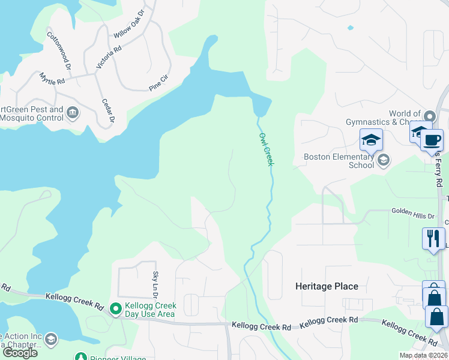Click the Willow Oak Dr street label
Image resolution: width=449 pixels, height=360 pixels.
pos(129,23)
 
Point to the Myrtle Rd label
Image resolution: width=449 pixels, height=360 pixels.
pos(52,79)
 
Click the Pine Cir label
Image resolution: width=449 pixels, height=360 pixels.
pos(160,83)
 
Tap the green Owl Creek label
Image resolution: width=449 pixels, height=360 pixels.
pos(266,149)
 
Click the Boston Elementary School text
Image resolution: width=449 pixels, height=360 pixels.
pos(339,161)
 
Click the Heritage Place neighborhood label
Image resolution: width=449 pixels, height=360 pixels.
pos(327,286)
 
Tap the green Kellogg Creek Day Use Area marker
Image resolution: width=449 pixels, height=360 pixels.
pos(116,309)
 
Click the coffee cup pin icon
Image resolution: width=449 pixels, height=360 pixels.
pos(432,141)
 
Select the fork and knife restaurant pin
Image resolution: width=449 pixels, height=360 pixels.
pos(432,239)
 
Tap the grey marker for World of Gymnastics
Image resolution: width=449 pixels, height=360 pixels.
pos(429,116)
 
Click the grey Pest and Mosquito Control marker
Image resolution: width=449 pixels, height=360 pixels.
pos(72,112)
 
